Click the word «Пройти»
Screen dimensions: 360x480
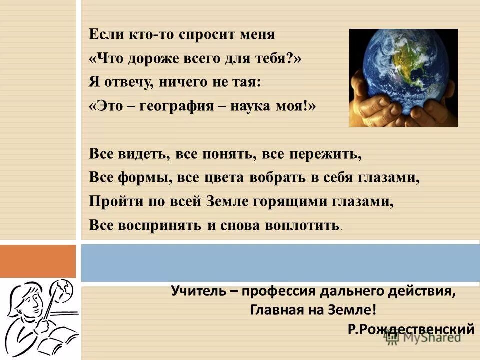click(x=112, y=201)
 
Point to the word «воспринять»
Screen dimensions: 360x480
click(x=160, y=225)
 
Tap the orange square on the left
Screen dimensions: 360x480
click(x=38, y=261)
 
